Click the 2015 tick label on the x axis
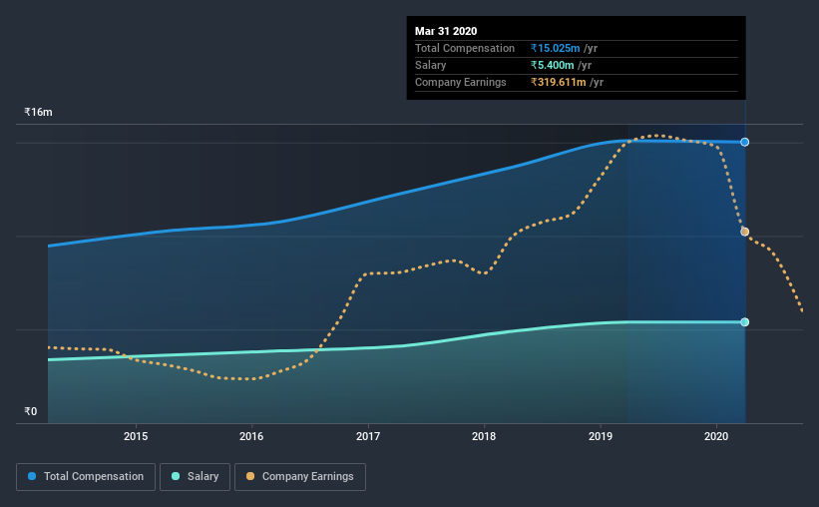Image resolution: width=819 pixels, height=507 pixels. point(136,436)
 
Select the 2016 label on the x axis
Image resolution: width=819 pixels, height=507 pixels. point(251,436)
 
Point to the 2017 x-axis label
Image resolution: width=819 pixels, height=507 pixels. point(368,436)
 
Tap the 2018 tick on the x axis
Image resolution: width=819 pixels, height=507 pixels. point(484,436)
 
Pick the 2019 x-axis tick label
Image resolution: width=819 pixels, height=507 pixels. point(601,436)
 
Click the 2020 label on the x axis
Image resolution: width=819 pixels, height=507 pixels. point(716,436)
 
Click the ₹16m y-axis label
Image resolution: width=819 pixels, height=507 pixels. point(38,113)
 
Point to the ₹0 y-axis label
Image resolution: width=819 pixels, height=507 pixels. point(30,411)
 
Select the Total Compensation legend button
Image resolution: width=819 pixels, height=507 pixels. point(86,477)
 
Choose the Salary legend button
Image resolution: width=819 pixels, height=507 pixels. point(196,477)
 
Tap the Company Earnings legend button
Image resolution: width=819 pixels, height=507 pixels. point(299,477)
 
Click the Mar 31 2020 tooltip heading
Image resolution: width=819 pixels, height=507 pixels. point(446,31)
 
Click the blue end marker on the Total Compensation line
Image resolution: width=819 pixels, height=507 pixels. point(744,142)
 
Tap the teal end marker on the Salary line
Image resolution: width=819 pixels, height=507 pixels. point(744,321)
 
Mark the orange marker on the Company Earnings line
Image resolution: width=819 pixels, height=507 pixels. point(744,232)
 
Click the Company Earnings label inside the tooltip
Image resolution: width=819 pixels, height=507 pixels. point(461,82)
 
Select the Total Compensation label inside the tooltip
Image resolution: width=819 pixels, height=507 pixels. point(465,48)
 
